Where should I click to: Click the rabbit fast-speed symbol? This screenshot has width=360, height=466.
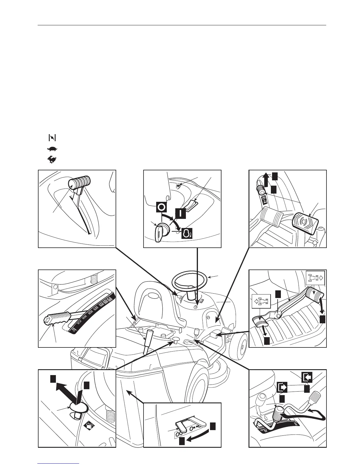click(52, 160)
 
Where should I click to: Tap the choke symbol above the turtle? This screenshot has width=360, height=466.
click(52, 138)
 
